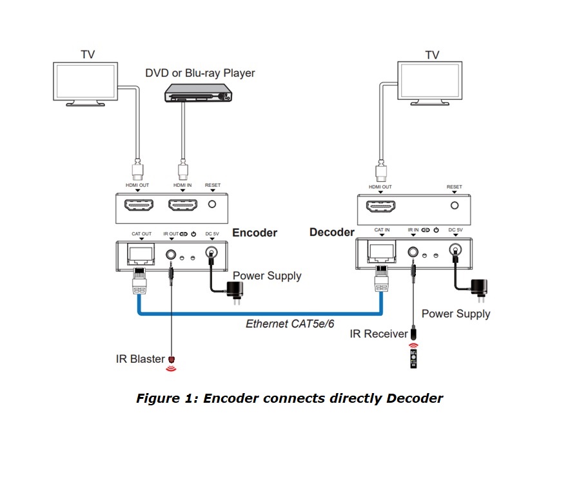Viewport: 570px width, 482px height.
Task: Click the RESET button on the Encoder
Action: (x=212, y=206)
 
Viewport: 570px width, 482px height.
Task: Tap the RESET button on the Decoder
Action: (x=454, y=206)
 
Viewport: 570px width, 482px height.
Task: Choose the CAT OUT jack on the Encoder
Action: (x=140, y=254)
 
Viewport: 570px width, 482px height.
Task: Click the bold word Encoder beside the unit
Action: (x=255, y=233)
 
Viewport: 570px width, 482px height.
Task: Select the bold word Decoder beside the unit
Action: (x=332, y=232)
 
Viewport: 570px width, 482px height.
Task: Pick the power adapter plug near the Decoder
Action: (x=481, y=287)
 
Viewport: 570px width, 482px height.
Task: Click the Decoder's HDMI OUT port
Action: (x=378, y=206)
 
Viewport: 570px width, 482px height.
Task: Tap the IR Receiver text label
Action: (x=379, y=334)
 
